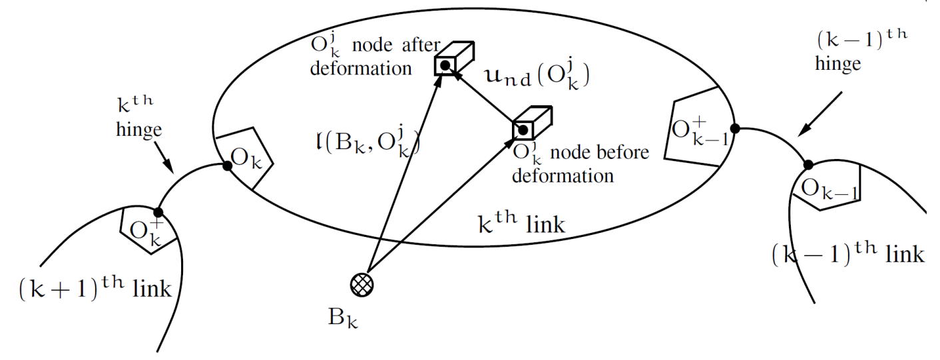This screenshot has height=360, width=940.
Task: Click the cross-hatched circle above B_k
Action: (362, 285)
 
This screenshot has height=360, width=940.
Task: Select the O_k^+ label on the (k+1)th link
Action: (145, 230)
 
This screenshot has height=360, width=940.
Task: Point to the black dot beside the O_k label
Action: (227, 166)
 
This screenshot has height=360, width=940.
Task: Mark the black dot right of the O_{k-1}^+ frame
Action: (735, 128)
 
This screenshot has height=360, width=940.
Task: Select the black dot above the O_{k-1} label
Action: (808, 164)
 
